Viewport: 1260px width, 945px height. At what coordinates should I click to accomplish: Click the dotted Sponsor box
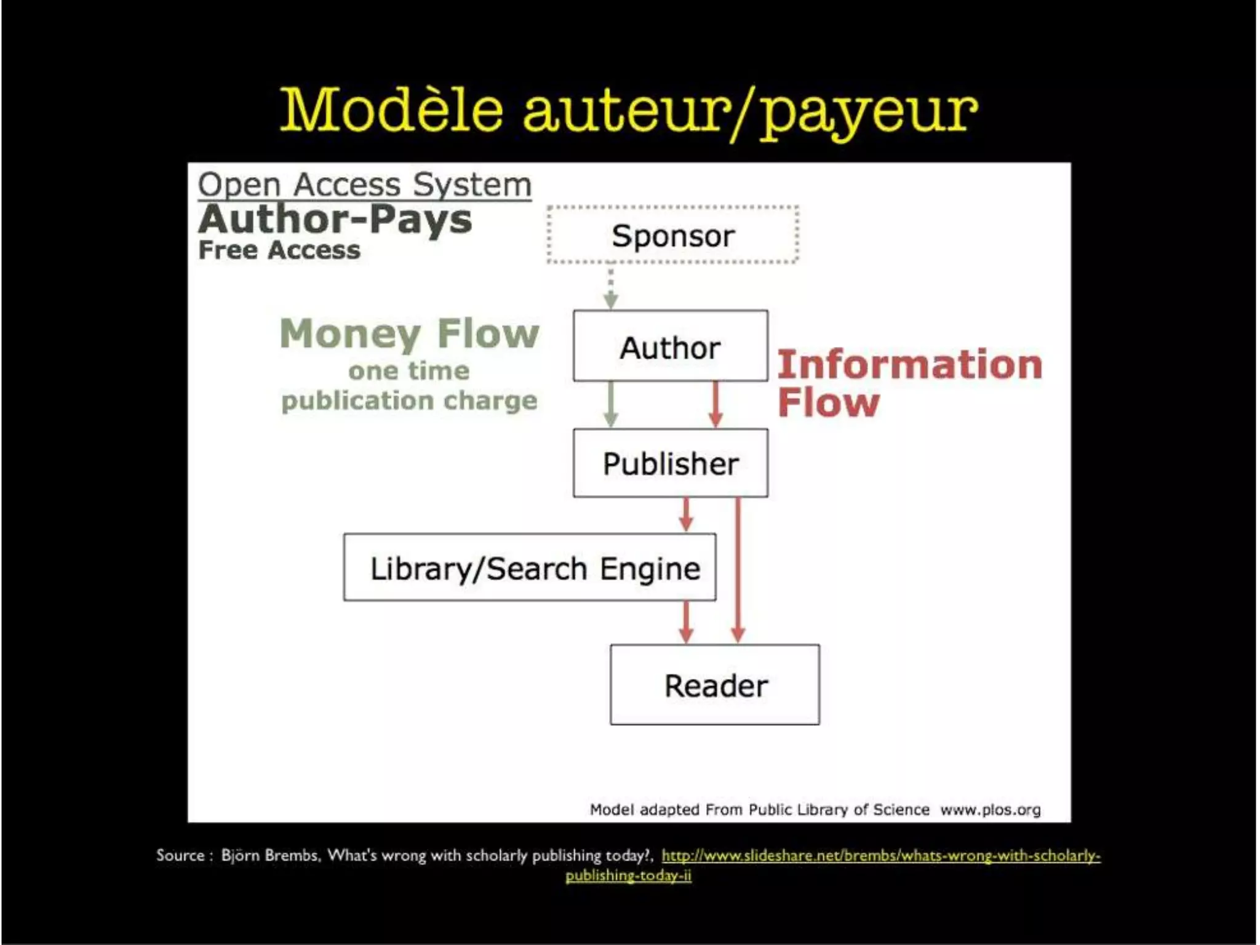click(x=672, y=235)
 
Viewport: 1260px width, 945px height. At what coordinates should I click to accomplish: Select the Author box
click(x=670, y=346)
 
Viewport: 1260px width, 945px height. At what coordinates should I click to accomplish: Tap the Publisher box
click(x=670, y=463)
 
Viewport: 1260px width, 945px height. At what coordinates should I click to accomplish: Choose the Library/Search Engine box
click(x=530, y=567)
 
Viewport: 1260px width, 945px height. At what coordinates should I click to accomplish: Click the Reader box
click(x=715, y=685)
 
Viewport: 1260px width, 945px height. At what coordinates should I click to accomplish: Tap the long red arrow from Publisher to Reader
click(x=738, y=569)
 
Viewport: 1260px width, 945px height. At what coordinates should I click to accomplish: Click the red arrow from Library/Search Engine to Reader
click(x=687, y=622)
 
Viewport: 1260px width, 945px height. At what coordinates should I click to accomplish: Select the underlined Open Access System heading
click(x=364, y=184)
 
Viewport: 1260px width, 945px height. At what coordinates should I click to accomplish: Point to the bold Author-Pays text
click(x=335, y=219)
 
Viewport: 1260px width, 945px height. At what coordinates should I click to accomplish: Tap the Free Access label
click(x=279, y=250)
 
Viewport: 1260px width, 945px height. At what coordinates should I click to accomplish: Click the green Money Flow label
click(x=409, y=334)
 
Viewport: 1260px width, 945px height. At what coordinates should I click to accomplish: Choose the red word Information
click(x=910, y=364)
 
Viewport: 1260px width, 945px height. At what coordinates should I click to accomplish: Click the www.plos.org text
click(x=991, y=810)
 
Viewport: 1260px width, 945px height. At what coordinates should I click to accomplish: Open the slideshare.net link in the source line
click(x=880, y=856)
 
